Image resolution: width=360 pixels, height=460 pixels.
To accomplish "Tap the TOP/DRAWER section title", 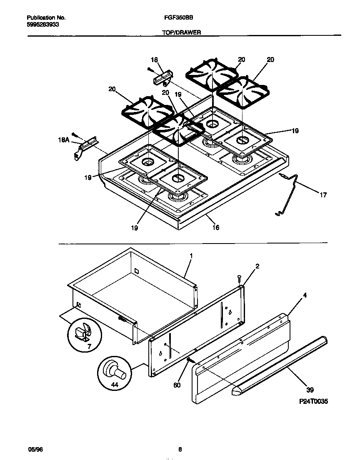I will [x=181, y=32].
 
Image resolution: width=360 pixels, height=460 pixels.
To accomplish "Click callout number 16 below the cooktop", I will [x=215, y=227].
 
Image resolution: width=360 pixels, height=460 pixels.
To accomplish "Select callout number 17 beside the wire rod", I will [x=323, y=194].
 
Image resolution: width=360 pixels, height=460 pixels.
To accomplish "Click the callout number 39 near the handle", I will [x=310, y=390].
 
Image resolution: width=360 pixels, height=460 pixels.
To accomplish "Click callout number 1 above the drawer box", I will [x=191, y=254].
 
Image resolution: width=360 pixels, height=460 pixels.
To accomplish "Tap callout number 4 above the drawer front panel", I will [x=305, y=295].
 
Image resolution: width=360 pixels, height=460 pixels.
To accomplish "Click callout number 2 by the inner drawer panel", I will [x=257, y=266].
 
